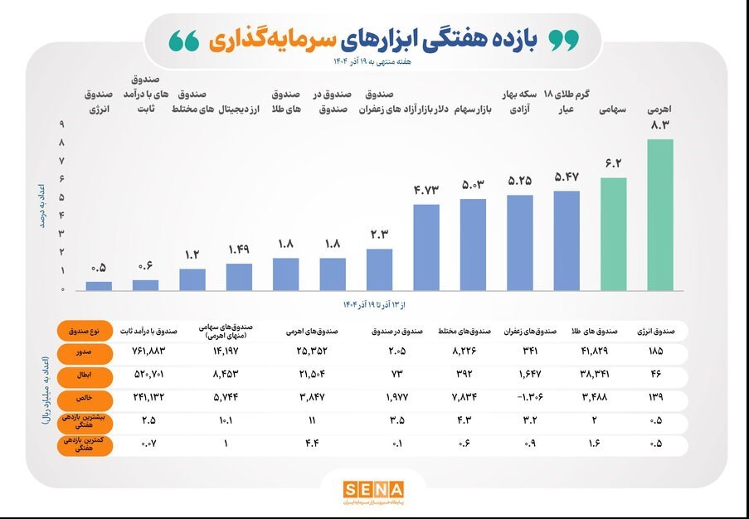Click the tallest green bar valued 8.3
coord(660,215)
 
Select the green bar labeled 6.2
coord(614,234)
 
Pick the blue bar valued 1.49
coord(239,277)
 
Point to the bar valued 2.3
coord(379,269)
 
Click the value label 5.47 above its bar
coord(567,177)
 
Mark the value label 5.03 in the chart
coord(473,184)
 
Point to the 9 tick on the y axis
coord(61,124)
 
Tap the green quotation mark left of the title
coord(184,40)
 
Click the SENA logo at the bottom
coord(374,490)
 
